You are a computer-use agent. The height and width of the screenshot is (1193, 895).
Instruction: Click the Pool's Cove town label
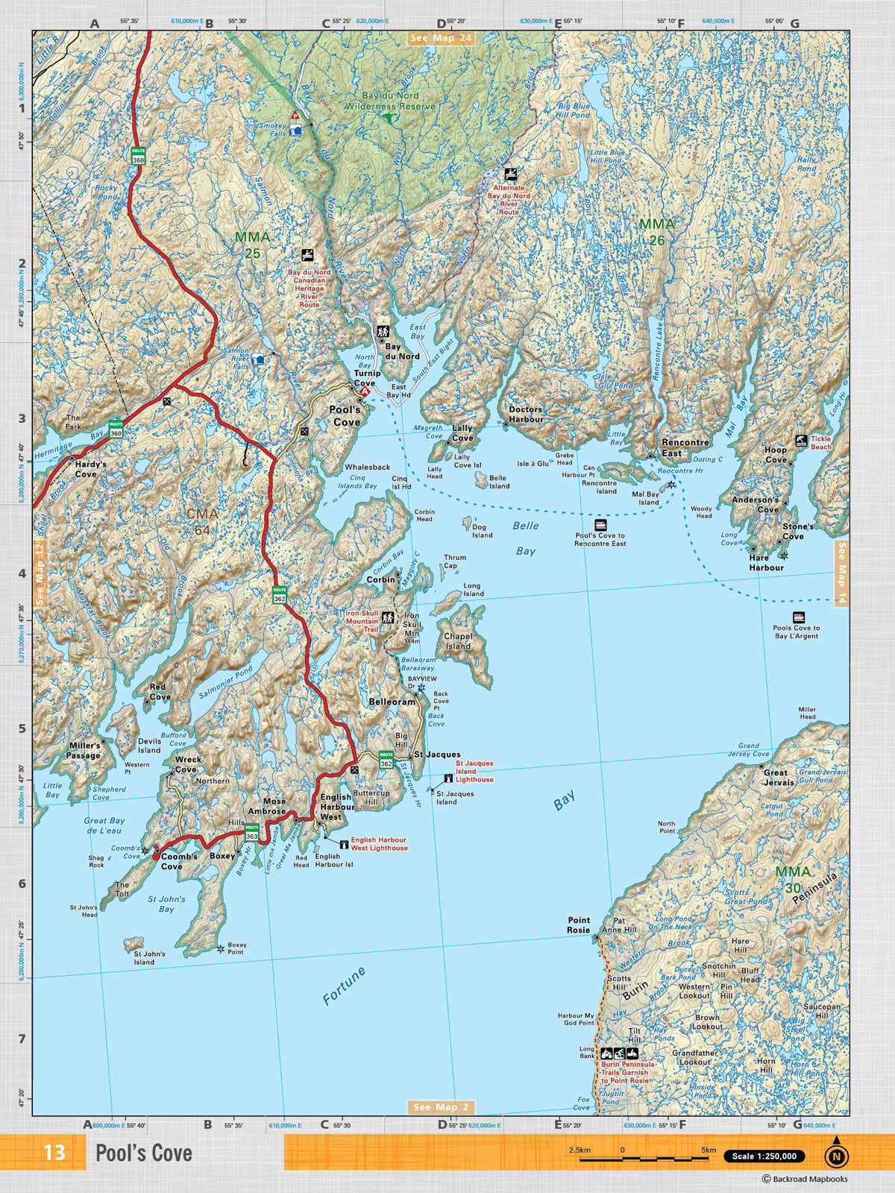(345, 415)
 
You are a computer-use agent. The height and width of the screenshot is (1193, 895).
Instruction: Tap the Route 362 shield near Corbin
(280, 594)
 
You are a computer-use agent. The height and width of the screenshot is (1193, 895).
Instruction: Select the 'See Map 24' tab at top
(442, 38)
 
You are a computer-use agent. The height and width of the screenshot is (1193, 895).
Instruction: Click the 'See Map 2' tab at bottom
(441, 1107)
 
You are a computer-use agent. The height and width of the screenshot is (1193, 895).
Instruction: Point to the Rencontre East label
(685, 447)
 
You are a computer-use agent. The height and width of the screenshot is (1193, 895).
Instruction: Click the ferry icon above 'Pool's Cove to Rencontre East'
(600, 525)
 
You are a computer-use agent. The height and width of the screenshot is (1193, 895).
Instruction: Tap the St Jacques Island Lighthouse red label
(474, 771)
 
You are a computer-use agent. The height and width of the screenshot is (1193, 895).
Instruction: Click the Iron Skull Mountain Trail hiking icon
(388, 617)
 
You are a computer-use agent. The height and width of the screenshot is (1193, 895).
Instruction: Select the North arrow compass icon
(836, 1155)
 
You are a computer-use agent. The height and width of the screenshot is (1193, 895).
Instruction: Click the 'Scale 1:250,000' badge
(764, 1156)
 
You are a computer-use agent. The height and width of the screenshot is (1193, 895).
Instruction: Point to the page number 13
(54, 1153)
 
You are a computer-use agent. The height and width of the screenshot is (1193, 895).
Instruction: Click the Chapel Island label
(458, 641)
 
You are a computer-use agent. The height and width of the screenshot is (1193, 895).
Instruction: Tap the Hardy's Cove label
(90, 468)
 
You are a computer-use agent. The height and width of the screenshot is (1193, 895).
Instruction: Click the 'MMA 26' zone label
(656, 231)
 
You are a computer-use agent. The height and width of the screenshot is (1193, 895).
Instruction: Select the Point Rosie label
(578, 925)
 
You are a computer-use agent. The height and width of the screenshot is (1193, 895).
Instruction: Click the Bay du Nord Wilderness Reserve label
(389, 101)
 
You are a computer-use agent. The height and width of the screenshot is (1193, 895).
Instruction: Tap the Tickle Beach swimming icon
(800, 441)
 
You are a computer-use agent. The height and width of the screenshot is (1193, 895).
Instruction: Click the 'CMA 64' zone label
(202, 521)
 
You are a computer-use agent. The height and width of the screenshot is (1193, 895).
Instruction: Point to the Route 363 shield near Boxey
(252, 831)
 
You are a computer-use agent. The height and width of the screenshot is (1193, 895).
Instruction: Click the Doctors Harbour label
(526, 414)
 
